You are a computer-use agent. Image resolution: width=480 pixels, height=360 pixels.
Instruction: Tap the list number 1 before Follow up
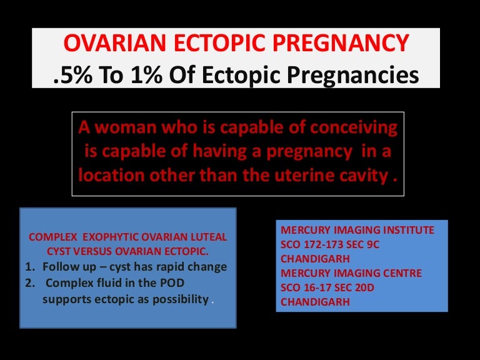(x=30, y=267)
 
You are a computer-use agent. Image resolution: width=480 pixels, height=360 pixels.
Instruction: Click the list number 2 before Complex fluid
(x=30, y=283)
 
